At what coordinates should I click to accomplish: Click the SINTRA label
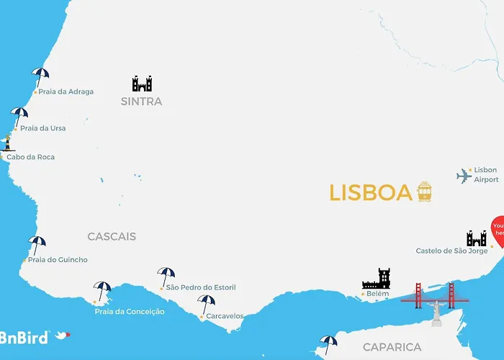pos(141,102)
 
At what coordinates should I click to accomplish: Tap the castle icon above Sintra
pos(142,84)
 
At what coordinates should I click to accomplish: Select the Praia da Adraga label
pos(66,92)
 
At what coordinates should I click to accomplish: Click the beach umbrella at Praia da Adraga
pos(40,75)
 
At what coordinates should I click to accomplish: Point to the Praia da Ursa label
pos(42,128)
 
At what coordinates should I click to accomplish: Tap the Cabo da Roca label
pos(30,157)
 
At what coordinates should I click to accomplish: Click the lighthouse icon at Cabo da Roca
pos(8,143)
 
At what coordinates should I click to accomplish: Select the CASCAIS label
pos(112,236)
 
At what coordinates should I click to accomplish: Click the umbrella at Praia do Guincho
pos(37,244)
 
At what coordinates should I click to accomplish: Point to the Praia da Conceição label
pos(130,312)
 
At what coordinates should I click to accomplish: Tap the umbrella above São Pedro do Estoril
pos(166,275)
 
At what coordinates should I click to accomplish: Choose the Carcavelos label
pos(225,316)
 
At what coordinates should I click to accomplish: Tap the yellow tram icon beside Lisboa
pos(425,192)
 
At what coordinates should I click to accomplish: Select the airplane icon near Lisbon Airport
pos(464,176)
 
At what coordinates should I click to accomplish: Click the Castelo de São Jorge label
pos(456,251)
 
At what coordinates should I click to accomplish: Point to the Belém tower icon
pos(376,279)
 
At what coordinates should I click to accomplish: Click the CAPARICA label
pos(392,347)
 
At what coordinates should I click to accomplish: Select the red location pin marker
pos(498,232)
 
